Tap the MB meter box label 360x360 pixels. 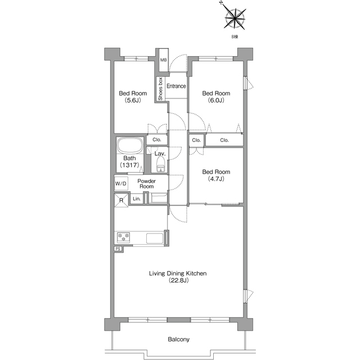pyautogui.click(x=164, y=60)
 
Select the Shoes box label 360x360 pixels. pyautogui.click(x=160, y=89)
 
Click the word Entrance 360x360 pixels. pyautogui.click(x=176, y=86)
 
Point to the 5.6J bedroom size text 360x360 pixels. pyautogui.click(x=133, y=100)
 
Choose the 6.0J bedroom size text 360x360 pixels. pyautogui.click(x=216, y=100)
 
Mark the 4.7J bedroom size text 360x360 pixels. pyautogui.click(x=216, y=179)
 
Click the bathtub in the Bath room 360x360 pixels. pyautogui.click(x=130, y=146)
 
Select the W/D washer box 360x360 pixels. pyautogui.click(x=121, y=184)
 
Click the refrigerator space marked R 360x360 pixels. pyautogui.click(x=121, y=200)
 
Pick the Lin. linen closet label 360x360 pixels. pyautogui.click(x=137, y=199)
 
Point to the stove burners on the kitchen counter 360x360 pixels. pyautogui.click(x=124, y=237)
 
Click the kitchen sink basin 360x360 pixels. pyautogui.click(x=155, y=238)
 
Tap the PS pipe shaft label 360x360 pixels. pyautogui.click(x=118, y=249)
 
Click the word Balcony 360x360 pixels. pyautogui.click(x=179, y=339)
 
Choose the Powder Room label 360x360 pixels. pyautogui.click(x=146, y=184)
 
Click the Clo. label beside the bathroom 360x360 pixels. pyautogui.click(x=157, y=139)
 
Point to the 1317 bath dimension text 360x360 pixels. pyautogui.click(x=129, y=165)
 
